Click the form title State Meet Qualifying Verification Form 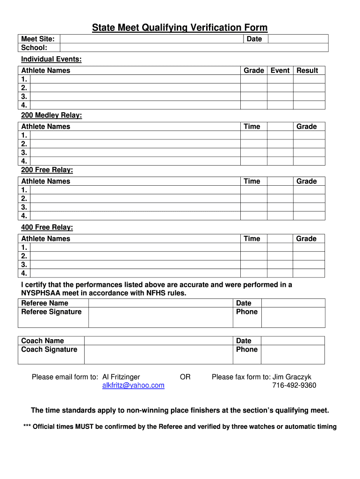(180, 28)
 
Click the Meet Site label (38, 39)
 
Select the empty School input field (194, 48)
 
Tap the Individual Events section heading (51, 59)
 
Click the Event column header (280, 71)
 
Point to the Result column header (307, 71)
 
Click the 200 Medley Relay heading (51, 115)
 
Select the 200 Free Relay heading (47, 170)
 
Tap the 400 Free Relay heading (47, 227)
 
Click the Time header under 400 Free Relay (252, 239)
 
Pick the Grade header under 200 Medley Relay (307, 127)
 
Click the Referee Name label (45, 303)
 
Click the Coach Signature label (49, 349)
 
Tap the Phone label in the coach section (247, 349)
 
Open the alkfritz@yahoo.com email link (133, 385)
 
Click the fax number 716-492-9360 (294, 385)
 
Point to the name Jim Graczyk (292, 377)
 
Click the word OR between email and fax (185, 377)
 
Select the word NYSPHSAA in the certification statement (43, 293)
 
